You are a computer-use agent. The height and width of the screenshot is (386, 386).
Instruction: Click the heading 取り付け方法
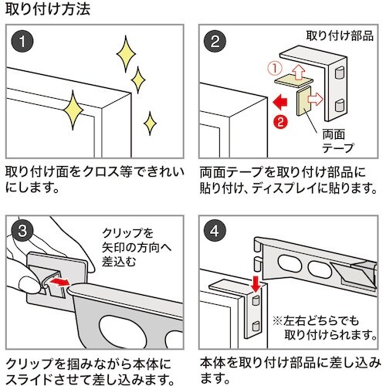pos(48,9)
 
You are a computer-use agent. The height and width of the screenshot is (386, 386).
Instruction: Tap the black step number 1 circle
pos(22,42)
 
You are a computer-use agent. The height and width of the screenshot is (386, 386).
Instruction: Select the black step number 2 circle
pos(215,42)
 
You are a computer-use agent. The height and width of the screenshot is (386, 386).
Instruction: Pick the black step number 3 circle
pos(22,230)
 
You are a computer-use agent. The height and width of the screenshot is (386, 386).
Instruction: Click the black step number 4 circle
pos(215,231)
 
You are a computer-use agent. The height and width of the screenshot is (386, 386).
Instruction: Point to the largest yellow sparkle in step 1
pos(73,110)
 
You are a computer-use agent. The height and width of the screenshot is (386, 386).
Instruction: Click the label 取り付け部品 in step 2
pos(340,36)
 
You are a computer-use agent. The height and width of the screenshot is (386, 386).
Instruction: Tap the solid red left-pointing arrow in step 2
pos(280,102)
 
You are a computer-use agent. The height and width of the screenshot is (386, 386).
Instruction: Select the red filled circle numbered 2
pos(280,121)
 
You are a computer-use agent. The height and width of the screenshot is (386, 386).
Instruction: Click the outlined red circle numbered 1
pos(275,69)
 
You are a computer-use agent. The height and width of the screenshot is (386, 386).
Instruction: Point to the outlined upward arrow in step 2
pos(299,72)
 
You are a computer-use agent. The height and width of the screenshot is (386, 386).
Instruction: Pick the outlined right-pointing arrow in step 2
pos(316,100)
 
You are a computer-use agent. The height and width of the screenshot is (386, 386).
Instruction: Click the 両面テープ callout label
pos(337,141)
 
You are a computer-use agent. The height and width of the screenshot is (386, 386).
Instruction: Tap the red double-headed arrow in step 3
pos(59,282)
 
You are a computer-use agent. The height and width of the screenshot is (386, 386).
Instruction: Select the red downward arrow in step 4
pos(256,283)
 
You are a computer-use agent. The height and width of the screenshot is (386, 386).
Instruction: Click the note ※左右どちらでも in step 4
pos(316,321)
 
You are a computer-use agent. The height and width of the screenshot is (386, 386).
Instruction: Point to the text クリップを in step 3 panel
pos(127,233)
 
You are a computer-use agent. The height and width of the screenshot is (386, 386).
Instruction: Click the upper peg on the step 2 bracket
pos(340,73)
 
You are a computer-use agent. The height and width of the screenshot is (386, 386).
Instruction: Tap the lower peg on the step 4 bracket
pos(256,327)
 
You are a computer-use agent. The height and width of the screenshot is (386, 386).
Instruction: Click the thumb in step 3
pos(29,284)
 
